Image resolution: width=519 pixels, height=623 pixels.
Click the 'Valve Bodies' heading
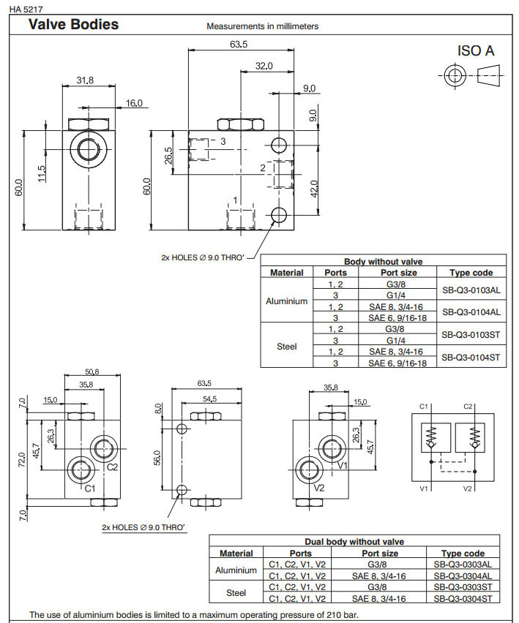click(x=72, y=25)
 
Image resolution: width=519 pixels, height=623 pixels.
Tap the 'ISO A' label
click(x=476, y=50)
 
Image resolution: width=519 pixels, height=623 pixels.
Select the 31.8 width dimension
click(x=85, y=81)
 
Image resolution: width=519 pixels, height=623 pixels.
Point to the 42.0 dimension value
click(x=313, y=189)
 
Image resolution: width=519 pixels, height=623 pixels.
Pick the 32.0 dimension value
click(x=264, y=67)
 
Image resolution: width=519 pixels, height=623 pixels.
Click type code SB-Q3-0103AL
click(x=471, y=290)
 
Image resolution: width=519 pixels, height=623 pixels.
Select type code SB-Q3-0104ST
click(x=471, y=357)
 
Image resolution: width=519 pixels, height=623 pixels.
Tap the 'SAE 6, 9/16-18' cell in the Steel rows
click(x=397, y=363)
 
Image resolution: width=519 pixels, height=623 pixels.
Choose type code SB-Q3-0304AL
click(x=462, y=575)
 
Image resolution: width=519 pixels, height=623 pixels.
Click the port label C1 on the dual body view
click(x=90, y=488)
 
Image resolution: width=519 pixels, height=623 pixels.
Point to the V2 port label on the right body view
click(x=318, y=487)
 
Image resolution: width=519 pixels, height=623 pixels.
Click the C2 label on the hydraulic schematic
click(x=469, y=406)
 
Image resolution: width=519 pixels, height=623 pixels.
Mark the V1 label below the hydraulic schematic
click(x=423, y=488)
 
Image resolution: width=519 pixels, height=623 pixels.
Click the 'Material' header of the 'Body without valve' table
click(x=287, y=273)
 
